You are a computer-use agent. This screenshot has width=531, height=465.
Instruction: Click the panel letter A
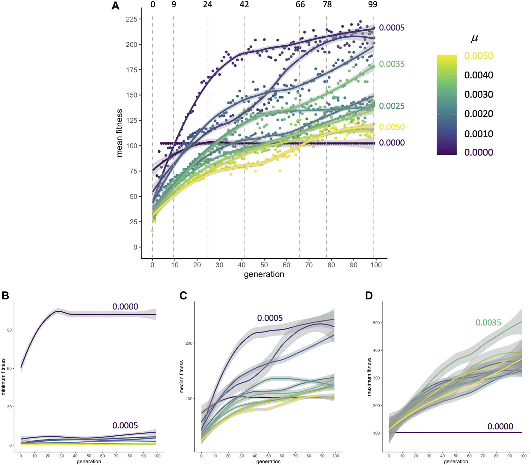(115, 6)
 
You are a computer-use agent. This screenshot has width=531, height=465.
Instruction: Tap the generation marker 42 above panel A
(244, 4)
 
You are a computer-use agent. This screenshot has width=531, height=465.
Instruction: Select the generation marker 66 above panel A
(300, 4)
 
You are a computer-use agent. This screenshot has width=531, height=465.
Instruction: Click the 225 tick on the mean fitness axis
(132, 19)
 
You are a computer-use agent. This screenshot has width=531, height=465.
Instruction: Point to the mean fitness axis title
(119, 133)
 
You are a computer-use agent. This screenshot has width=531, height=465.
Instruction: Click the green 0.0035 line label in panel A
(392, 64)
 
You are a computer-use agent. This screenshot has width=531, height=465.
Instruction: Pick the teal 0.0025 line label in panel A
(392, 106)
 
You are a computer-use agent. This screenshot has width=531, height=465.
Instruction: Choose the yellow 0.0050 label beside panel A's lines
(392, 127)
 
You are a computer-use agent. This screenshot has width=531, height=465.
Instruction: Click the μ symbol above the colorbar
(474, 38)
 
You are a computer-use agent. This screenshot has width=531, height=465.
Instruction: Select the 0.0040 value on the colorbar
(479, 75)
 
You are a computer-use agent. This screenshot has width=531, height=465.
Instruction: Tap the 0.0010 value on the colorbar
(479, 134)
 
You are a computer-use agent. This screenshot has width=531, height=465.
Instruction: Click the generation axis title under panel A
(264, 274)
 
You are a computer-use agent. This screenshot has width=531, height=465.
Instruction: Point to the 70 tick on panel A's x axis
(309, 265)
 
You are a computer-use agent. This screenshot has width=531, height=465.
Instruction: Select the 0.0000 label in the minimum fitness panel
(125, 307)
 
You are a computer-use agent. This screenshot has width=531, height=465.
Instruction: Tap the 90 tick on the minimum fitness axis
(9, 330)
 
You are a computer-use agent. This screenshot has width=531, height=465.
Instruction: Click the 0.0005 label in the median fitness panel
(270, 318)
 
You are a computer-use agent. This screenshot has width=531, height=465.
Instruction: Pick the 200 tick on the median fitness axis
(189, 343)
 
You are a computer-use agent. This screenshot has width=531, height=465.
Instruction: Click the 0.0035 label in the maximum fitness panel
(488, 322)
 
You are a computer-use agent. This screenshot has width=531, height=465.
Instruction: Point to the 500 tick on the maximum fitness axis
(377, 323)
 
